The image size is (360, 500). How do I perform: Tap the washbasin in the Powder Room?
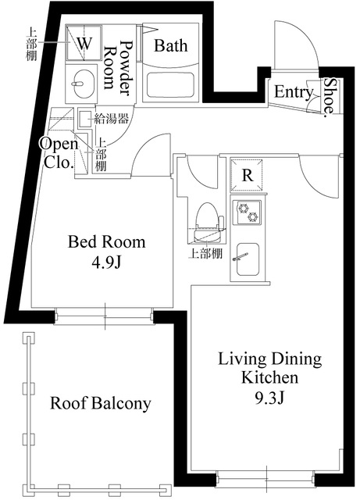[82, 84]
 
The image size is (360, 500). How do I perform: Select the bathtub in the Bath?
[170, 84]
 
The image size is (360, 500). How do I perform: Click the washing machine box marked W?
[84, 42]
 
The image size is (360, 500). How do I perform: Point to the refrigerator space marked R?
[247, 175]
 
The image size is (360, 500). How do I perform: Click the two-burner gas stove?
[247, 212]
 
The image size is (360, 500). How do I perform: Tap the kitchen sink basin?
[248, 259]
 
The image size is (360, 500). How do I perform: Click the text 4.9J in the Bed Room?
[106, 262]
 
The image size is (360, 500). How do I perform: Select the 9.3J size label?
[269, 398]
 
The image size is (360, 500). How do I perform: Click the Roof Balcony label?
[101, 403]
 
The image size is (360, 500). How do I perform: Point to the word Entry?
[294, 92]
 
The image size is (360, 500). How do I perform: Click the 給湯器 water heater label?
[112, 119]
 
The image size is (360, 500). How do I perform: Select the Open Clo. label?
[59, 153]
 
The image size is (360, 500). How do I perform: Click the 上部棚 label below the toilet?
[205, 253]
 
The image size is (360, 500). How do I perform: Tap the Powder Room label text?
[118, 67]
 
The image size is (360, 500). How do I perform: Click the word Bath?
[170, 45]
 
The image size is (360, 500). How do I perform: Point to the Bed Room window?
[105, 316]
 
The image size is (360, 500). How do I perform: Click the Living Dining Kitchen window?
[266, 480]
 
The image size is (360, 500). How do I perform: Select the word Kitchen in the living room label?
[269, 377]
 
